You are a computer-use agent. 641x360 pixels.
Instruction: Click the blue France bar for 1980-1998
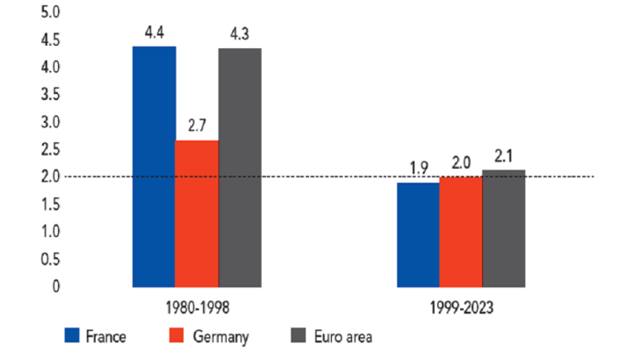pyautogui.click(x=154, y=167)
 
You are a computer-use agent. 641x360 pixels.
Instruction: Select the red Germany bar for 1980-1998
pyautogui.click(x=197, y=213)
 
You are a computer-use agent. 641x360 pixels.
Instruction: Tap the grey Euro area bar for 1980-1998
pyautogui.click(x=240, y=168)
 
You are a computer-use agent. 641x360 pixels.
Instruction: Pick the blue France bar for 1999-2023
pyautogui.click(x=418, y=234)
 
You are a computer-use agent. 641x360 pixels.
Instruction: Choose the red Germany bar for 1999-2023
pyautogui.click(x=460, y=232)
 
